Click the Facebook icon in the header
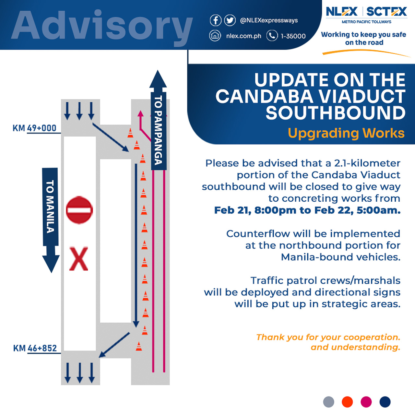(216, 20)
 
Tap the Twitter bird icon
(230, 20)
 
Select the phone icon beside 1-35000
(272, 36)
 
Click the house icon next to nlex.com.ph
(215, 36)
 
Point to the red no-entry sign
(79, 210)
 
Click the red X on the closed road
(78, 258)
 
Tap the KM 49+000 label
(34, 128)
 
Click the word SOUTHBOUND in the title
(336, 113)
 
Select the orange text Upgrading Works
(346, 133)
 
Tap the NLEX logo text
(342, 12)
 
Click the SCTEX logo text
(386, 12)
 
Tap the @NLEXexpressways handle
(269, 20)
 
